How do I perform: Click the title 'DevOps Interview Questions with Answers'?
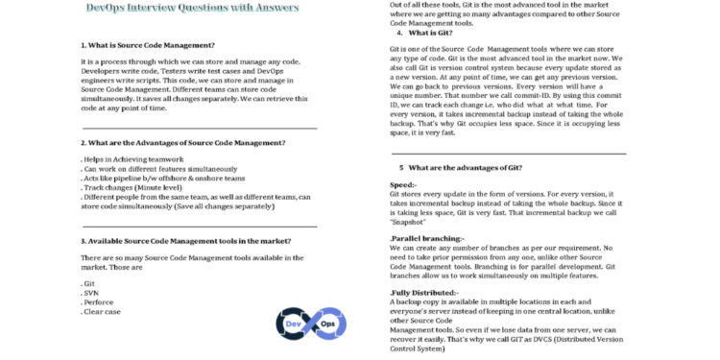(192, 8)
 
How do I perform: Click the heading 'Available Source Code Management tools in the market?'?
(186, 241)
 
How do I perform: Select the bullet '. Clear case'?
(102, 312)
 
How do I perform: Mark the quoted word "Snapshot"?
(414, 221)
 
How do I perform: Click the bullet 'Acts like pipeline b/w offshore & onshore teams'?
(163, 178)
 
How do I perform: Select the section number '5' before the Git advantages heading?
(401, 167)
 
